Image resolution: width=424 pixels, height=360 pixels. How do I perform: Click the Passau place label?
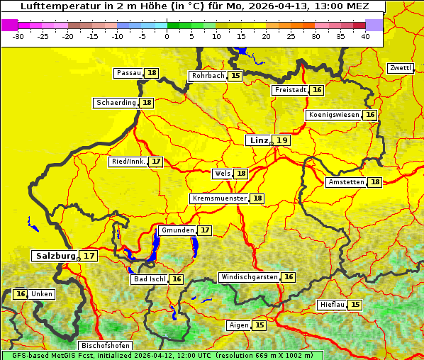point(129,73)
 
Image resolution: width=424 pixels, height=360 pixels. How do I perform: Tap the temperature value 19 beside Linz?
point(282,140)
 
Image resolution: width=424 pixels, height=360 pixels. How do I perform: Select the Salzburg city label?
point(55,256)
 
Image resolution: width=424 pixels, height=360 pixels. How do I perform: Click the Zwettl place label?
point(400,68)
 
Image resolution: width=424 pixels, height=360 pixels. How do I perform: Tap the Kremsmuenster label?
point(219,198)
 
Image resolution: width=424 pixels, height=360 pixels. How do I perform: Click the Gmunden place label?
point(177,230)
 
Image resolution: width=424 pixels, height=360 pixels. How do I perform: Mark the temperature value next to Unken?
point(21,294)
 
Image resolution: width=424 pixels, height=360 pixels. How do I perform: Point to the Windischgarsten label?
point(249,277)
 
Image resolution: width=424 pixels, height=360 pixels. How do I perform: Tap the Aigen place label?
point(239,325)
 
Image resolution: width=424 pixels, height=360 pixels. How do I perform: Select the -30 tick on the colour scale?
point(18,36)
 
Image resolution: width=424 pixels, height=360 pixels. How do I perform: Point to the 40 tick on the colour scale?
point(365,36)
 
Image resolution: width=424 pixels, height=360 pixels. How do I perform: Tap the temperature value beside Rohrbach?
point(235,75)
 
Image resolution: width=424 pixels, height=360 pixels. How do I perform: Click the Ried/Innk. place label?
point(128,162)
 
